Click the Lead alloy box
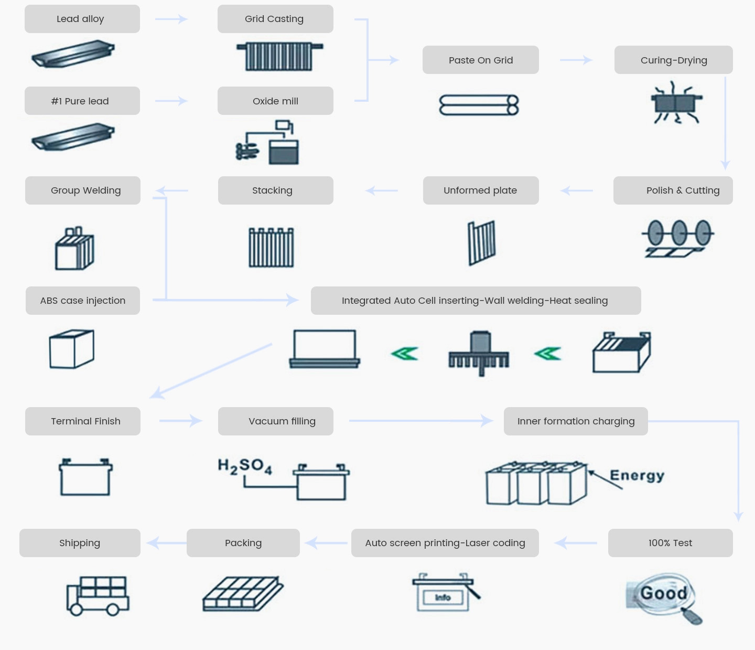pyautogui.click(x=82, y=19)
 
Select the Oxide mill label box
pyautogui.click(x=275, y=101)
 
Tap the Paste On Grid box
pyautogui.click(x=480, y=60)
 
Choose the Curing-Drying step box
pyautogui.click(x=673, y=60)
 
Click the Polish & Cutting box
pyautogui.click(x=673, y=190)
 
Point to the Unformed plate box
pyautogui.click(x=480, y=190)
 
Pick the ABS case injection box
pyautogui.click(x=83, y=301)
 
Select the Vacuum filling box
pyautogui.click(x=276, y=421)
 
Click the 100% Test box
pyautogui.click(x=670, y=543)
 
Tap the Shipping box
pyautogui.click(x=80, y=543)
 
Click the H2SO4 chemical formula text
pyautogui.click(x=245, y=466)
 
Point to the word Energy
pyautogui.click(x=637, y=475)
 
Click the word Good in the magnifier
pyautogui.click(x=663, y=593)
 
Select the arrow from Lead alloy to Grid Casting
pyautogui.click(x=171, y=19)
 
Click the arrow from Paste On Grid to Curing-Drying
pyautogui.click(x=576, y=60)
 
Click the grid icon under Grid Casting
pyautogui.click(x=279, y=56)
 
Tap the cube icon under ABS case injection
pyautogui.click(x=72, y=349)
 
